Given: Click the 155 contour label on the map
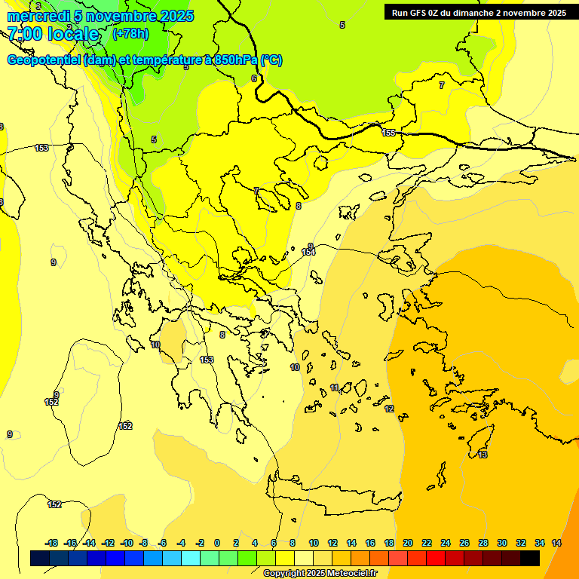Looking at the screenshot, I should point(388,133).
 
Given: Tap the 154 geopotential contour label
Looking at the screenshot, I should point(308,251).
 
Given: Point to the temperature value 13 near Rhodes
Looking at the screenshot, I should point(482,455).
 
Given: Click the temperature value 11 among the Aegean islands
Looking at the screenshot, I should point(334,388).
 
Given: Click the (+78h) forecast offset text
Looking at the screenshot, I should point(130,34).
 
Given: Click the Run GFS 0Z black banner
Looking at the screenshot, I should point(479,13).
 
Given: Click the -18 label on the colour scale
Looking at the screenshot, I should point(52,543).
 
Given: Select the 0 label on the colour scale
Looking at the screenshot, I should point(217,543).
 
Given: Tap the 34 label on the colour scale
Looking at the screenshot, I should point(540,543).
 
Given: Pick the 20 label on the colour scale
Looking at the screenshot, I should point(408,543).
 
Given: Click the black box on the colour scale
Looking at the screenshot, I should point(530,558).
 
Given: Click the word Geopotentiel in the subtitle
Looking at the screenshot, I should point(43,60).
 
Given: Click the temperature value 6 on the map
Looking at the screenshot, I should point(254,78).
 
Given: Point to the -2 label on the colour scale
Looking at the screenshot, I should point(200,543).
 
